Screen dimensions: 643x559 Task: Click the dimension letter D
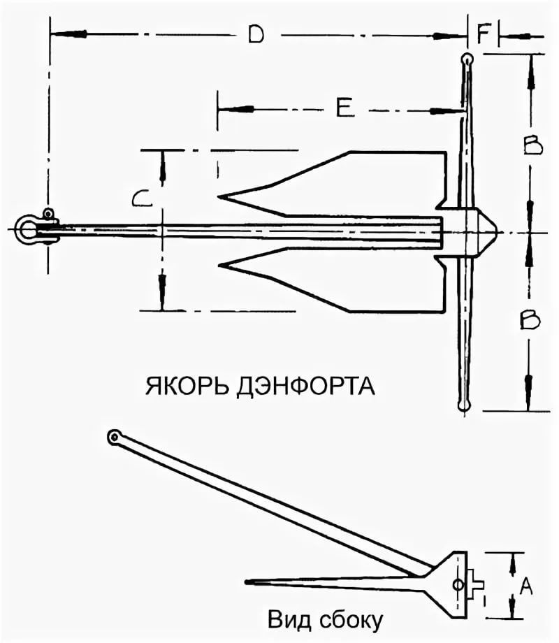click(256, 35)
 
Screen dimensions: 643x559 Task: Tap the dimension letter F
click(484, 34)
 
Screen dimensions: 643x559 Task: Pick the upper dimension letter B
click(532, 145)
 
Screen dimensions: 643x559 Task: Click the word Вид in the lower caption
click(286, 619)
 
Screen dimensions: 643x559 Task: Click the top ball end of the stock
click(467, 59)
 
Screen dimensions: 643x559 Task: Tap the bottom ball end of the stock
click(462, 405)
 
